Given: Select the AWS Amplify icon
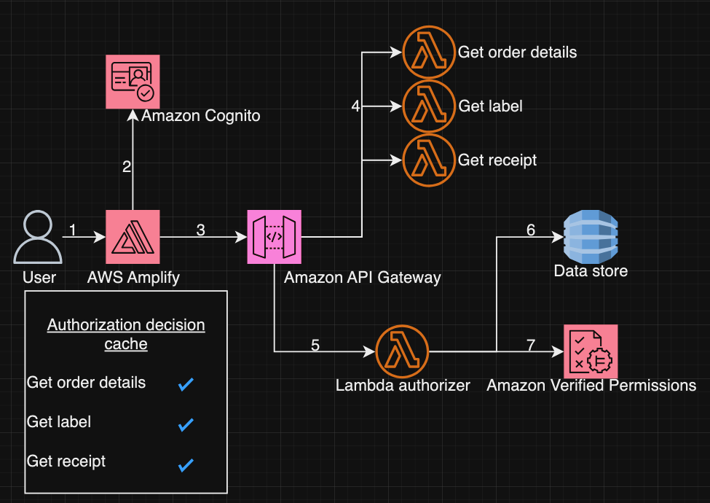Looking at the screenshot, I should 133,236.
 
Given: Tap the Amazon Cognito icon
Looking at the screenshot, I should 133,81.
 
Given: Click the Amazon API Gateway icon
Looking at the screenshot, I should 275,236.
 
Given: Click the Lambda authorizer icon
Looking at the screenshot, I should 403,351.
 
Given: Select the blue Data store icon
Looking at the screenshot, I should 590,236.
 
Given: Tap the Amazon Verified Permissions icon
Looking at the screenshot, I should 590,351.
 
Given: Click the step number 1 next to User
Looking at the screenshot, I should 73,230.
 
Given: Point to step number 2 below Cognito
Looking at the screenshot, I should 127,167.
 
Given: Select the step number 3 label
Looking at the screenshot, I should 200,230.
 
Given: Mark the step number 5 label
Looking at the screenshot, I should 315,345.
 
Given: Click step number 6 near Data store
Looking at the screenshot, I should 531,230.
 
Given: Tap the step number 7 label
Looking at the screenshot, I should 531,345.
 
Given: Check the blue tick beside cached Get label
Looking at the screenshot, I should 186,424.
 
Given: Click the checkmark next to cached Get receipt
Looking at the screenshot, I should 186,464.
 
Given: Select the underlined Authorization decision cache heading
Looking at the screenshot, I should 126,335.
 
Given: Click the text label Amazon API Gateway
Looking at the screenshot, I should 362,278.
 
